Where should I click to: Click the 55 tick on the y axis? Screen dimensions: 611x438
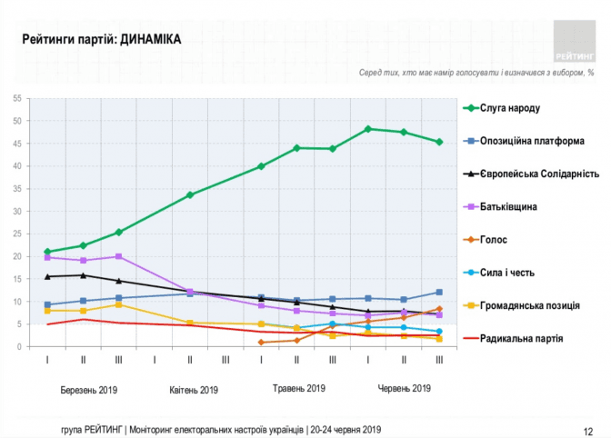[x=17, y=98]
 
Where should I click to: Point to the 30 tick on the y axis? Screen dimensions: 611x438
[x=17, y=212]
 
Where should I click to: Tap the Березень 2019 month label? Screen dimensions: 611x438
[x=89, y=390]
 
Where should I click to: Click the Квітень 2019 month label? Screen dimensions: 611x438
[x=194, y=390]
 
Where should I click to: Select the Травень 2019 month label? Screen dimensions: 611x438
[x=299, y=388]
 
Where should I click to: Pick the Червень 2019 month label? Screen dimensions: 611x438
[x=405, y=388]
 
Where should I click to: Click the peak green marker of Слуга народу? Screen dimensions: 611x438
[x=368, y=129]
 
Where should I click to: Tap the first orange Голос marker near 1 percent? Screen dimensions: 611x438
[x=261, y=343]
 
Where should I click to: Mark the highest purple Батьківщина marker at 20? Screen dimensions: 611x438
[x=119, y=256]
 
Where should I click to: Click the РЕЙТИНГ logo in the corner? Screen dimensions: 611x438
[x=575, y=41]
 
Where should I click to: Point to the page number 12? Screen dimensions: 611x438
[x=588, y=432]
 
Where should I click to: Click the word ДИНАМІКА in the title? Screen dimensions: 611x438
[x=150, y=39]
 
